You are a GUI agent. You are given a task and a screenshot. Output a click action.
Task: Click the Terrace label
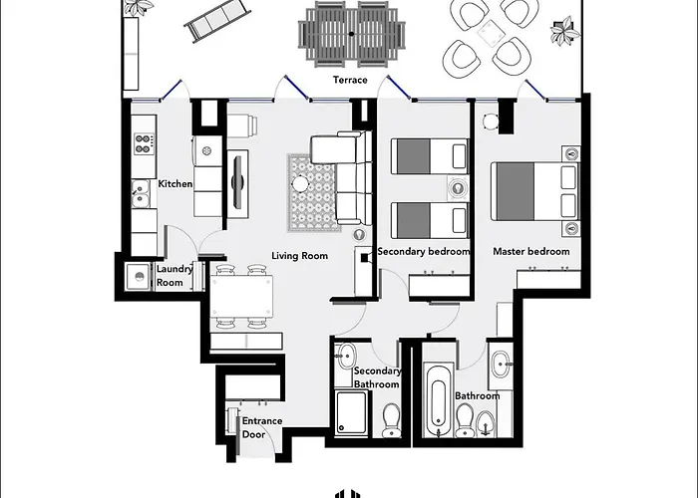click(x=350, y=80)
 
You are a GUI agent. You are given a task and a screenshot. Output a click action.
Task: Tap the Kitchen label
click(x=175, y=183)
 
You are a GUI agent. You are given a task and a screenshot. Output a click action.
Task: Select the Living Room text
click(x=299, y=256)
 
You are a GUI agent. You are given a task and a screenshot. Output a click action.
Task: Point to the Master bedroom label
click(x=531, y=251)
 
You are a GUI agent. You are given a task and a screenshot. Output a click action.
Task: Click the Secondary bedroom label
click(x=424, y=251)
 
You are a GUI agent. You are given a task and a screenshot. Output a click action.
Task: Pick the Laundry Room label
click(x=174, y=276)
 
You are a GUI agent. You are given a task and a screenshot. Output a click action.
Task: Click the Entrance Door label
click(x=262, y=427)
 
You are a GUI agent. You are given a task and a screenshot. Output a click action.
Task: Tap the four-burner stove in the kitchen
click(x=145, y=143)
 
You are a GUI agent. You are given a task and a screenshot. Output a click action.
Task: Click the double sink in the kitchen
click(x=141, y=194)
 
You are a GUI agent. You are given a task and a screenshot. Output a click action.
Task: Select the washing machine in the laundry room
click(x=139, y=277)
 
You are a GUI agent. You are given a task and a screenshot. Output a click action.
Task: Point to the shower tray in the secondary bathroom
click(x=352, y=412)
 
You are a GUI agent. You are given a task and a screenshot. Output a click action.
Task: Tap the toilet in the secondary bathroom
click(x=391, y=420)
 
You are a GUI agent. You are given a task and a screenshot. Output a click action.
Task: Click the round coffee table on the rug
click(x=300, y=183)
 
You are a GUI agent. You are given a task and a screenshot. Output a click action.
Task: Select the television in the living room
click(x=238, y=181)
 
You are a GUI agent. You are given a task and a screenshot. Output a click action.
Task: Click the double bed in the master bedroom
click(x=535, y=191)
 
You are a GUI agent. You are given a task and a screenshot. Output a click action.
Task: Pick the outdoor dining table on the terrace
click(x=352, y=34)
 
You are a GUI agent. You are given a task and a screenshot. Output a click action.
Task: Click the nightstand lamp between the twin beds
click(x=457, y=187)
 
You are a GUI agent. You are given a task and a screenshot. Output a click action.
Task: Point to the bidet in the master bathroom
click(x=485, y=423)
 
